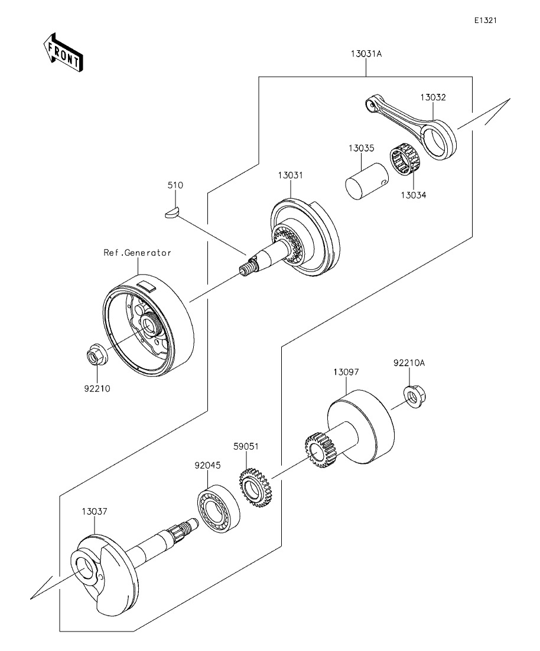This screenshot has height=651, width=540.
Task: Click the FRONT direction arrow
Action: click(x=63, y=52)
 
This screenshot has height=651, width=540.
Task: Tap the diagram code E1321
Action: click(x=486, y=20)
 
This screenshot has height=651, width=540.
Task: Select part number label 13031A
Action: click(x=366, y=54)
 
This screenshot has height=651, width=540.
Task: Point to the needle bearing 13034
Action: click(x=405, y=162)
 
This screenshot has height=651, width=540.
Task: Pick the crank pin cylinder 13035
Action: click(x=367, y=181)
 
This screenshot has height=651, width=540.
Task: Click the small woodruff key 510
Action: click(x=171, y=212)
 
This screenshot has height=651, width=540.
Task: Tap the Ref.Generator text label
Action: click(x=137, y=253)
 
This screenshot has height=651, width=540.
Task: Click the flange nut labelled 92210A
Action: click(x=415, y=396)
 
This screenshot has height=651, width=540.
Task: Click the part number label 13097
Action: click(x=346, y=372)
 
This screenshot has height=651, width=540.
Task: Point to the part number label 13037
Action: click(x=95, y=512)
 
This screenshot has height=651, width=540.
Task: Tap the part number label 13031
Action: click(x=291, y=175)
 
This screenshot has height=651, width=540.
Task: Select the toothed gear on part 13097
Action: click(x=320, y=450)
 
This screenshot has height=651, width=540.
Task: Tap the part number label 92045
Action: click(x=207, y=466)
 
